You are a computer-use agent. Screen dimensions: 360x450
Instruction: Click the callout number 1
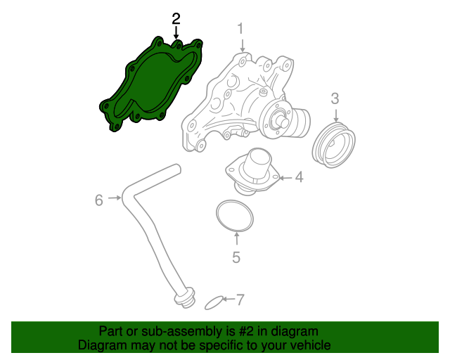(x=240, y=29)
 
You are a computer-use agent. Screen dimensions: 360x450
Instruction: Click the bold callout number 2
(x=176, y=18)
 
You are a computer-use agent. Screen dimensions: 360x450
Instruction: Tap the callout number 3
(x=335, y=98)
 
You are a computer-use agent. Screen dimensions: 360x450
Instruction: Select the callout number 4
(x=299, y=177)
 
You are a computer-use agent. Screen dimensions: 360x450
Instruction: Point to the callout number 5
(x=236, y=257)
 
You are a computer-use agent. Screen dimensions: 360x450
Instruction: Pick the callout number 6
(x=99, y=200)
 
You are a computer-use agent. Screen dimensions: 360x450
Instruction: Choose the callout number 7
(x=240, y=300)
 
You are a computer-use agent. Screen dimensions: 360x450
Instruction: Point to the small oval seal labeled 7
(x=214, y=303)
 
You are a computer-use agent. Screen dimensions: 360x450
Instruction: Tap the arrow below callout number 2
(x=176, y=32)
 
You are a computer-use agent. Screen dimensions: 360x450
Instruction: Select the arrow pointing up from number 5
(x=236, y=240)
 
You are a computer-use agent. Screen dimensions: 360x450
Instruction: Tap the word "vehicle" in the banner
(x=307, y=345)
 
